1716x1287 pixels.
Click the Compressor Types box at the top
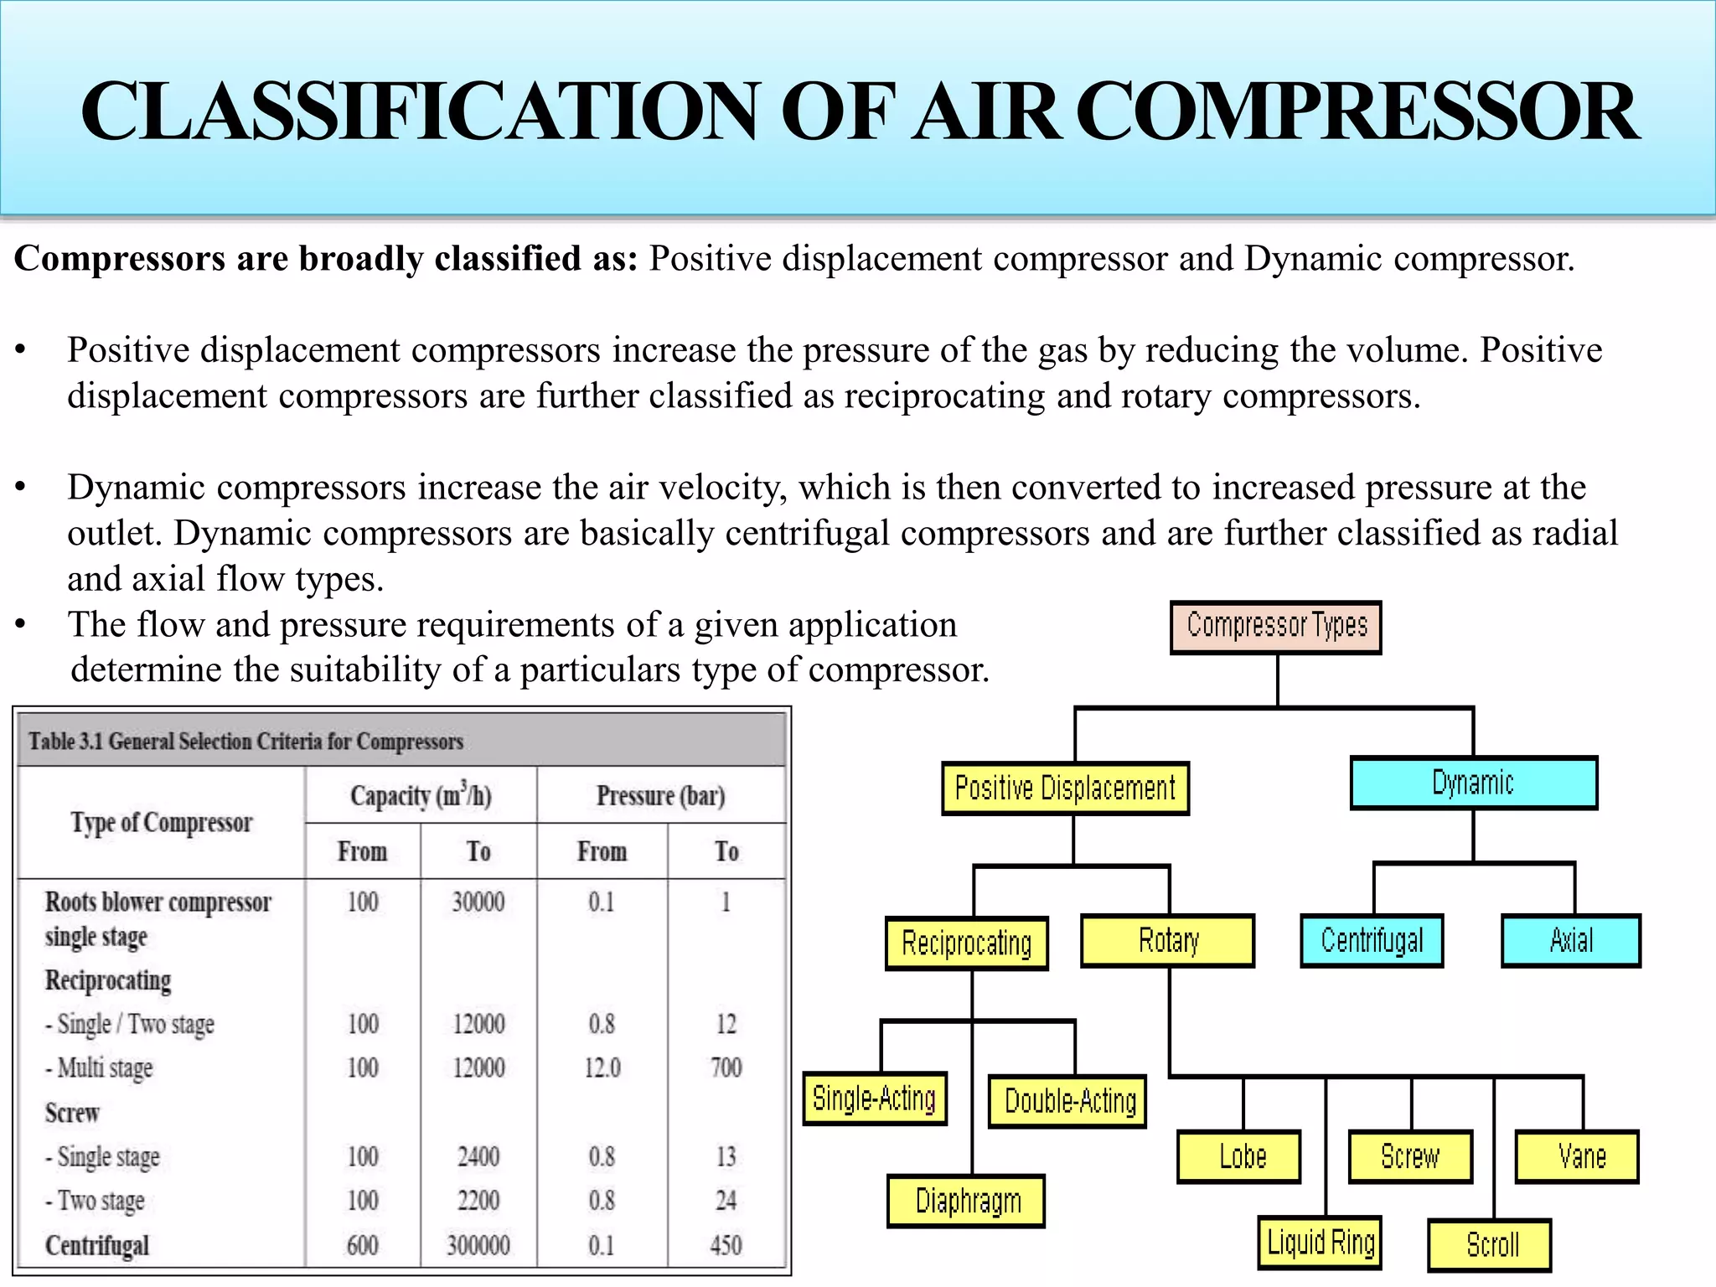(x=1275, y=627)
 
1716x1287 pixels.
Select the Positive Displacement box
(x=1065, y=788)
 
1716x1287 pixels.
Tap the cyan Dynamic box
(x=1473, y=783)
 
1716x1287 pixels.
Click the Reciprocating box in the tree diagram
(x=966, y=943)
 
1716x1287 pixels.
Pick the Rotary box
(x=1168, y=941)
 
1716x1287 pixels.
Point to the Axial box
(x=1570, y=941)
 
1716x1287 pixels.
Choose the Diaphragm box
(x=967, y=1202)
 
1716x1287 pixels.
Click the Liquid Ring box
(x=1321, y=1243)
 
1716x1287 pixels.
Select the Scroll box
(x=1491, y=1245)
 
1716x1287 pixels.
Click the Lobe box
(x=1240, y=1157)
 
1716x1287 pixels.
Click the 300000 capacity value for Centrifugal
(x=478, y=1245)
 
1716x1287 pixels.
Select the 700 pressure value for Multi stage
(x=726, y=1067)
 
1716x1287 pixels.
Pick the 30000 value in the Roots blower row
(x=478, y=902)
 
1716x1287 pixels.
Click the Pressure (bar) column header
(x=660, y=795)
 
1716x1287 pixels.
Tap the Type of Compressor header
(x=161, y=823)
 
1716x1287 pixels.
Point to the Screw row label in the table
(x=72, y=1113)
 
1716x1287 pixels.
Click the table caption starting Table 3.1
(x=246, y=742)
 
